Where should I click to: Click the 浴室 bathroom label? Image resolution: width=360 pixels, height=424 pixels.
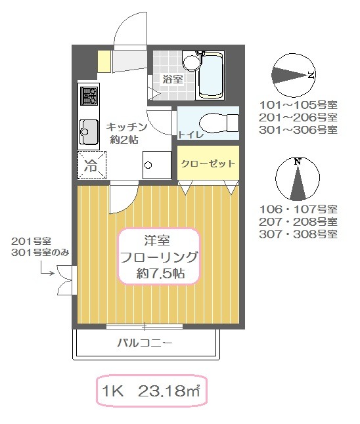coord(173,79)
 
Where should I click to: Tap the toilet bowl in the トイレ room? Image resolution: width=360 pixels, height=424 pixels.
coord(219,123)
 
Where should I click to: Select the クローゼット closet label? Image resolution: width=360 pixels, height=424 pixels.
coord(208,164)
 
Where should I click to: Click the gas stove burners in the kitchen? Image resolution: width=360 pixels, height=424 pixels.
coord(89,96)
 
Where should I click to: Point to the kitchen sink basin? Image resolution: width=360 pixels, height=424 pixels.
coord(89,132)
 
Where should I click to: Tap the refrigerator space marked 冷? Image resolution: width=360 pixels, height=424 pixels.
coord(92,165)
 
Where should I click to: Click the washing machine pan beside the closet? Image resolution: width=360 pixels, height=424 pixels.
coord(157,165)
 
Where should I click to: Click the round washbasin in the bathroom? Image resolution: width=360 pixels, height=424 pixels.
coord(192,62)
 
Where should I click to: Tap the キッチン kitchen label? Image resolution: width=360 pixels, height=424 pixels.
coord(126,127)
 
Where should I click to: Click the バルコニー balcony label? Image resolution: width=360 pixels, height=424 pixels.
coord(145,343)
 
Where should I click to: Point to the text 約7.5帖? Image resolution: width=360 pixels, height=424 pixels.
coord(160,274)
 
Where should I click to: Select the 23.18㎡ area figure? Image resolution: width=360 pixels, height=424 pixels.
coord(169,391)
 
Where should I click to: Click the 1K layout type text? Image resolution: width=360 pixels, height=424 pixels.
coord(112,391)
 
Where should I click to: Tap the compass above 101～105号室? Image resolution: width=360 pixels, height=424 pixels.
coord(294,75)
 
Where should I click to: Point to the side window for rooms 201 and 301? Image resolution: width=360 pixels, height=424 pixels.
coord(67,280)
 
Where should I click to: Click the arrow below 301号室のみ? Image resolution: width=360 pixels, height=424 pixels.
coord(47,269)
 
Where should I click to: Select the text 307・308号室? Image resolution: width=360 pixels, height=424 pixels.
coord(298,234)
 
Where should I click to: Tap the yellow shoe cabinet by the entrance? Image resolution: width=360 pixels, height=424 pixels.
coord(104,62)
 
